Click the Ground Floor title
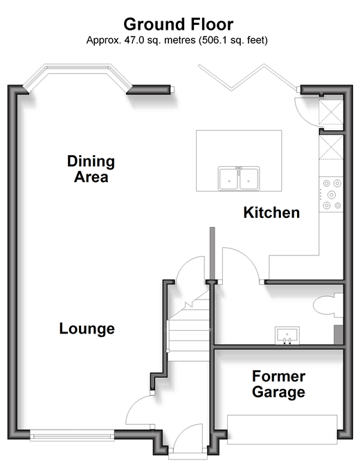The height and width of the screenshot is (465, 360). [179, 24]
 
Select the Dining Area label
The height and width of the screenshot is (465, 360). [91, 169]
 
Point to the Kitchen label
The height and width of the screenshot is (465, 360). [271, 212]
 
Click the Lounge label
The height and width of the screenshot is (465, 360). [87, 329]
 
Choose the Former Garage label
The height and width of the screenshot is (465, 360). [279, 384]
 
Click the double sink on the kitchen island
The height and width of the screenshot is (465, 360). [239, 178]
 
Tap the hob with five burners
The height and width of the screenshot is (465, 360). [331, 194]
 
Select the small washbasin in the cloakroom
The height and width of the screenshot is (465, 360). [287, 336]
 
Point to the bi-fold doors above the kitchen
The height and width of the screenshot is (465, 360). [248, 77]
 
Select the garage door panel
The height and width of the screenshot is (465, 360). [282, 430]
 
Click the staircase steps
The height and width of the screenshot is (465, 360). [189, 329]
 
